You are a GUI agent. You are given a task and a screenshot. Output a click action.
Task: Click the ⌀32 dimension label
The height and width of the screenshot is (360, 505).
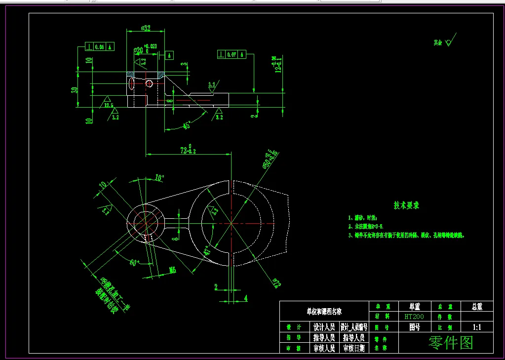click(x=146, y=28)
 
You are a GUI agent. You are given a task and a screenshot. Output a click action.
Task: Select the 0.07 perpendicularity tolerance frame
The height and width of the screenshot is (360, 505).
click(x=231, y=54)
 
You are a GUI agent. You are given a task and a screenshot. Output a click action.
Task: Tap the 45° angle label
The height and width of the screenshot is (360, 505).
click(x=187, y=125)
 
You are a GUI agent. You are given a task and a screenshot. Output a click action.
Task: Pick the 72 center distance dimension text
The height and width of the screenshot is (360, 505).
click(x=188, y=150)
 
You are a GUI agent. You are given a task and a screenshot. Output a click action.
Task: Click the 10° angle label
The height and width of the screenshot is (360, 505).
click(x=159, y=177)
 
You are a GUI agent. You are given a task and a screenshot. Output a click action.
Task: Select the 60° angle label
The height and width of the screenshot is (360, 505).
click(x=135, y=262)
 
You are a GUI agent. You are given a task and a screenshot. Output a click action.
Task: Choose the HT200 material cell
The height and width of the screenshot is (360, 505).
click(x=414, y=316)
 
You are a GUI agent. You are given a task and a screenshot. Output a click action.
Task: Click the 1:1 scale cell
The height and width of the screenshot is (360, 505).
click(x=477, y=327)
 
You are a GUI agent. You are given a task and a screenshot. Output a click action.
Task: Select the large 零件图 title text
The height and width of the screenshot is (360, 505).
click(x=451, y=342)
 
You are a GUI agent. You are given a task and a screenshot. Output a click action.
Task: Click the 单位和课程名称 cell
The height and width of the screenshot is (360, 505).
click(x=324, y=312)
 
